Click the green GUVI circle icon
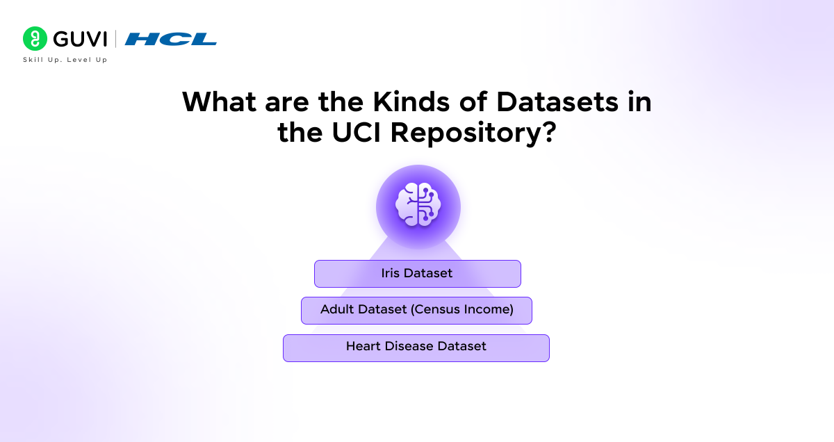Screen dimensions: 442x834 click(35, 39)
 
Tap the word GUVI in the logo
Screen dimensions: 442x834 click(78, 39)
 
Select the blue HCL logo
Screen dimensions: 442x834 click(171, 40)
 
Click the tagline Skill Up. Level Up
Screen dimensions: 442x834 click(65, 60)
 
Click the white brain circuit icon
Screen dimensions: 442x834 click(418, 206)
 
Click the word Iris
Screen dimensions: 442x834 click(391, 274)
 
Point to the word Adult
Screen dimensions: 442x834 click(337, 310)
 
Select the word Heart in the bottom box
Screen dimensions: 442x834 click(363, 346)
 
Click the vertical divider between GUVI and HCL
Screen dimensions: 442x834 click(115, 39)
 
